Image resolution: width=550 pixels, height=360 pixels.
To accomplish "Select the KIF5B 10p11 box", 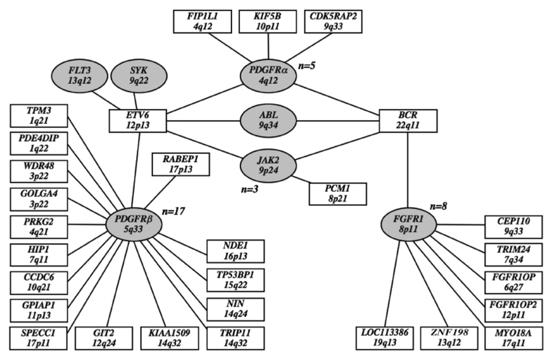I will (268, 20).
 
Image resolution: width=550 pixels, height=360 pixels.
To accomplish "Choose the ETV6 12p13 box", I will (138, 121).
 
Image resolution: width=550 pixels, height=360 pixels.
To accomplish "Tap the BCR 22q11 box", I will (408, 121).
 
